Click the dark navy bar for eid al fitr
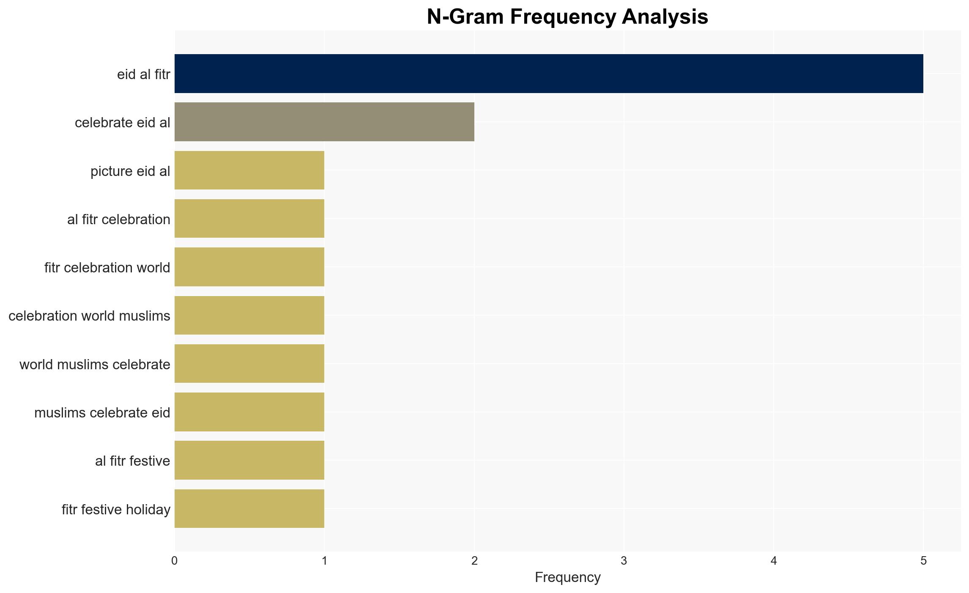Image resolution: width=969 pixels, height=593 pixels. pos(549,74)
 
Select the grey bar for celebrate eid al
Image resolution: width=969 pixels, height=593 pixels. pos(324,122)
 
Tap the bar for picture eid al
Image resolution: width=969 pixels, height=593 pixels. pos(249,170)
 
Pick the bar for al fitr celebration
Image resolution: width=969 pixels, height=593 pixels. pos(249,219)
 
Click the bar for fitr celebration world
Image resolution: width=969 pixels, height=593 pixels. pos(249,267)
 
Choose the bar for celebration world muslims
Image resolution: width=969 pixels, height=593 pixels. pos(249,316)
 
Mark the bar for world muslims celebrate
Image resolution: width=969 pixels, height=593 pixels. pos(249,364)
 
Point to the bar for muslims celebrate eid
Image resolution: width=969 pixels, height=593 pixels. pos(249,412)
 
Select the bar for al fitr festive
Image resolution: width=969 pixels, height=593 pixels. pos(249,460)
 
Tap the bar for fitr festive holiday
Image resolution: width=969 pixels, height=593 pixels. pos(249,509)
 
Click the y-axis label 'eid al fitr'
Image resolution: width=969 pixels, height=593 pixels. pos(144,74)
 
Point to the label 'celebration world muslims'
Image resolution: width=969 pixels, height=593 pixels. pos(89,316)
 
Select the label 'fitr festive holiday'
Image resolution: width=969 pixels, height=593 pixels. pos(116,510)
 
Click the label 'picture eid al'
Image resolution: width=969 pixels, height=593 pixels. pos(130,171)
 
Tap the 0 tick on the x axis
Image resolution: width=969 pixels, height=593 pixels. pos(175,561)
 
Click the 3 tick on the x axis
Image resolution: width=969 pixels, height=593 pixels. pos(624,561)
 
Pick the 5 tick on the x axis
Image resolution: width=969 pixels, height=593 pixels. pos(923,561)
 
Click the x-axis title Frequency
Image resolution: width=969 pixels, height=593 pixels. pos(567,578)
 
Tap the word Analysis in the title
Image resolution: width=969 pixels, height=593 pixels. pos(665,17)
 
